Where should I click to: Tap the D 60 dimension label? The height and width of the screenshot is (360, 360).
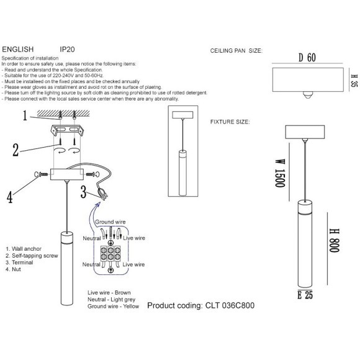coord(307,58)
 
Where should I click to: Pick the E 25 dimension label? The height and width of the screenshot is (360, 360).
coord(306,295)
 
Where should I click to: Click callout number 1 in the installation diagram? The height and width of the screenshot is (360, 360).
coord(26,115)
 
